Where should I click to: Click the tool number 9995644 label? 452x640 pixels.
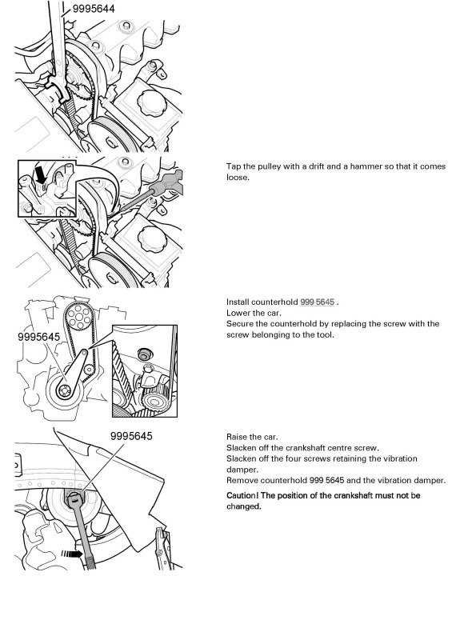94,8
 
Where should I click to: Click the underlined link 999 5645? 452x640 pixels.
317,302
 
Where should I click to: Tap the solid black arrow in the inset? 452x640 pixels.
42,174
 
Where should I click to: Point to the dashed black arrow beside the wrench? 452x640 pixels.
72,554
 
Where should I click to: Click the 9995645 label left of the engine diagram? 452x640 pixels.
38,337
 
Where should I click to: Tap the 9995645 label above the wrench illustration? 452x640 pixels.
131,436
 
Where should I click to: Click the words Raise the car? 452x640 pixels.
252,437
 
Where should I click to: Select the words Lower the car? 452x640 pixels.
254,313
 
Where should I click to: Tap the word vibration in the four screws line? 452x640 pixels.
398,458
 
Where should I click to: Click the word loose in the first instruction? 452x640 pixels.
237,178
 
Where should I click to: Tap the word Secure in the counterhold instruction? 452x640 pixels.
239,324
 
